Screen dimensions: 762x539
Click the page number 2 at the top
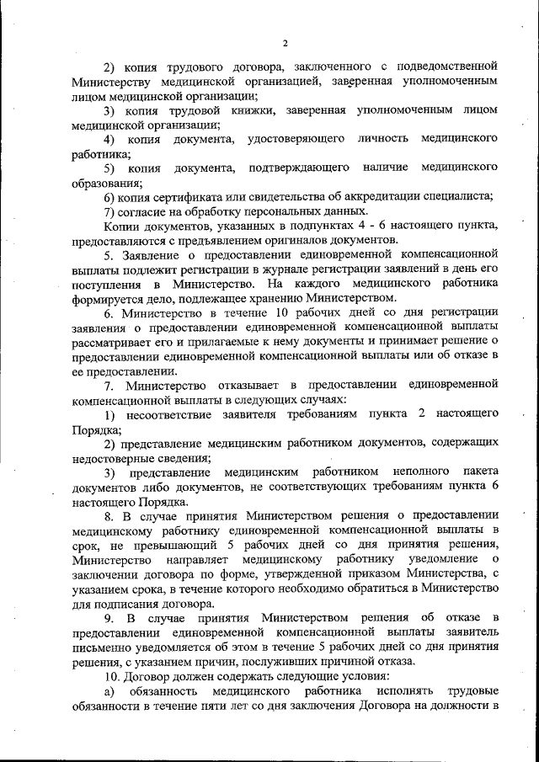click(x=286, y=44)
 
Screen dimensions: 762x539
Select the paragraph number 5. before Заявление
click(x=109, y=255)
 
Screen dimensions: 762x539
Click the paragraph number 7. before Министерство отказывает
click(x=109, y=386)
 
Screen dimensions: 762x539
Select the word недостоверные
click(x=114, y=459)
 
